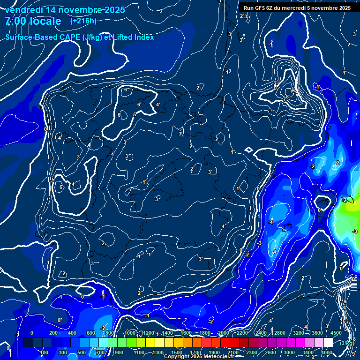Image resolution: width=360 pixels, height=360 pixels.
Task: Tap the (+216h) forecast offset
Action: (83, 21)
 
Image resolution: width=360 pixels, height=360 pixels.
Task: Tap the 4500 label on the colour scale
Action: (336, 332)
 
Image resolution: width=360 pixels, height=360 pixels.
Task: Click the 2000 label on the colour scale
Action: (223, 332)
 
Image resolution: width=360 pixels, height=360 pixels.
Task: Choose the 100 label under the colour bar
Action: (45, 352)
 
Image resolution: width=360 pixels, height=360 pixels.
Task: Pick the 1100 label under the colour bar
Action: (139, 352)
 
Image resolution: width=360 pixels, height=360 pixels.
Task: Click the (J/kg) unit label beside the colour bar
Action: (347, 344)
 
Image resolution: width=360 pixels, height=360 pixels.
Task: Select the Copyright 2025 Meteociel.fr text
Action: (199, 357)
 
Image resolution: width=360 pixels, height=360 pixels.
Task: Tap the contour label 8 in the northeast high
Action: (287, 97)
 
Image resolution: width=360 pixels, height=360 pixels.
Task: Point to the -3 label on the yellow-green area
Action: (355, 231)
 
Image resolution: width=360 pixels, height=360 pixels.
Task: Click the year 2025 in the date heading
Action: (114, 10)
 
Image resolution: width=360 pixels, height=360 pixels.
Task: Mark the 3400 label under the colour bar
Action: (307, 352)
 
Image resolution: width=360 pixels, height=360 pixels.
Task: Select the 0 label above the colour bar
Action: (32, 332)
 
